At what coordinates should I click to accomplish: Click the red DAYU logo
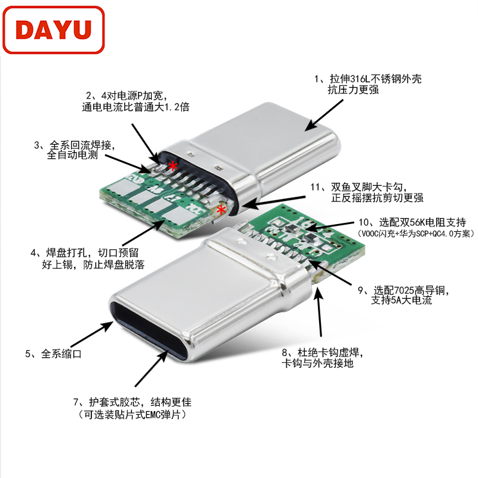[x=53, y=30]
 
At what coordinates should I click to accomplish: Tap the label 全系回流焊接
[x=82, y=145]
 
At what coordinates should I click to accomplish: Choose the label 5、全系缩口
[x=53, y=354]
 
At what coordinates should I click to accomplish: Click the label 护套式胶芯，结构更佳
[x=140, y=402]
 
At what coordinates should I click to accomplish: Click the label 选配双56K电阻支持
[x=422, y=222]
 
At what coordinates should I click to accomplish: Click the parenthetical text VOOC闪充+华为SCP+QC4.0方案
[x=415, y=234]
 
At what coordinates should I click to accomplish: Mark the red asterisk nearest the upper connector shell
[x=173, y=167]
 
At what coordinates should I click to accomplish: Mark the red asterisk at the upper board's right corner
[x=221, y=210]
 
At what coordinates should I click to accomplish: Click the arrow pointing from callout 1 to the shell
[x=324, y=115]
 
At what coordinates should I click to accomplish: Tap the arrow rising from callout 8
[x=319, y=311]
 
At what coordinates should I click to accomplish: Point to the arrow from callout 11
[x=274, y=201]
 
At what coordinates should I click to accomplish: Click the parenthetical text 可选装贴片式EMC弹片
[x=131, y=415]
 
